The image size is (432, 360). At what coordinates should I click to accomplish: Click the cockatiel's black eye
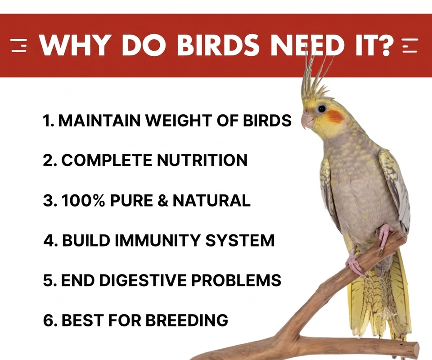pyautogui.click(x=321, y=108)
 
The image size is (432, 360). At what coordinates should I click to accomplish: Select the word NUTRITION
pyautogui.click(x=202, y=160)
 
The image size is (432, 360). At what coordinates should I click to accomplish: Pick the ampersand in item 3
pyautogui.click(x=163, y=200)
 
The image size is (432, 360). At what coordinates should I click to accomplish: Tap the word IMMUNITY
pyautogui.click(x=158, y=240)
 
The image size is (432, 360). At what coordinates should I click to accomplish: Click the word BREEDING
pyautogui.click(x=186, y=320)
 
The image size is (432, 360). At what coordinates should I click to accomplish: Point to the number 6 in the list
pyautogui.click(x=49, y=320)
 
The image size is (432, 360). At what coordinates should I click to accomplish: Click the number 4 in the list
pyautogui.click(x=49, y=240)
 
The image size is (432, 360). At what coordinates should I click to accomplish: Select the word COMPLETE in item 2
pyautogui.click(x=106, y=160)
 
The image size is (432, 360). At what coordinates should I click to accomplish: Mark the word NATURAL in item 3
pyautogui.click(x=211, y=200)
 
